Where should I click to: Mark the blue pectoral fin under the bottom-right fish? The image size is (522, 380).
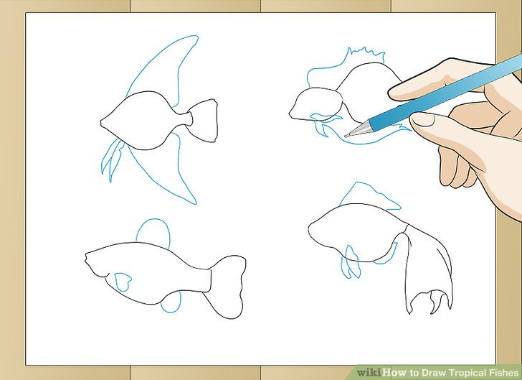[x=351, y=262]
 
